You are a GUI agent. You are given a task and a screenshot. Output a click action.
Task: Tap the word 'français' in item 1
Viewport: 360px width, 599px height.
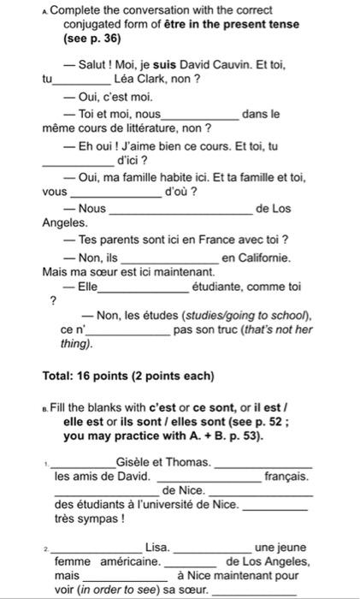tap(286, 476)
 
